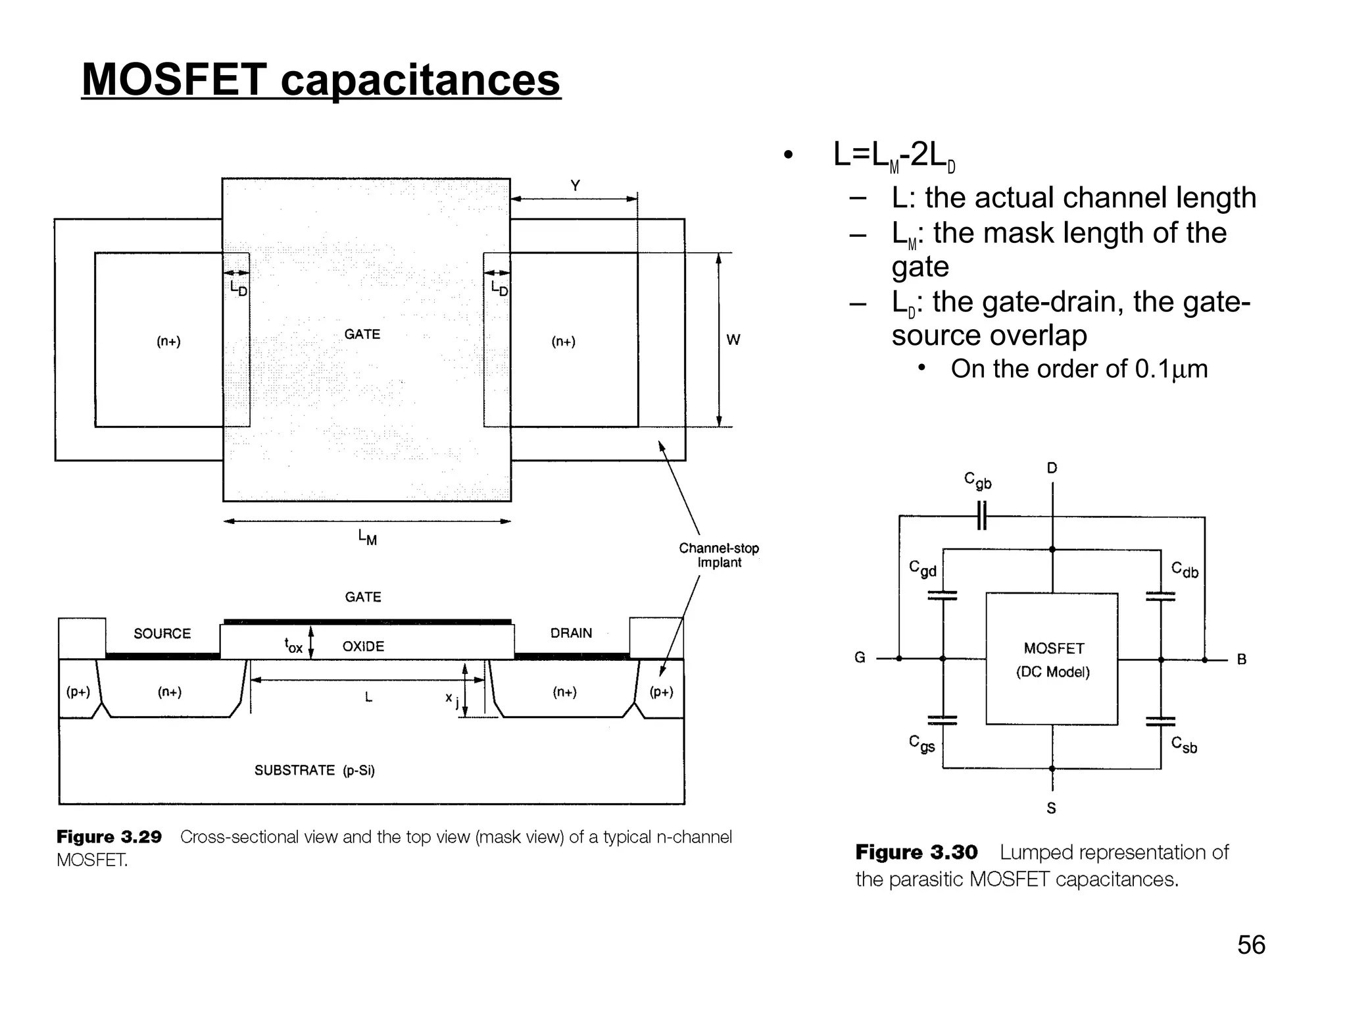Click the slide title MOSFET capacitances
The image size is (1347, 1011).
point(321,80)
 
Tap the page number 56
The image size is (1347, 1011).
point(1250,945)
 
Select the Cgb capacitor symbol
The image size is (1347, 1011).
point(981,515)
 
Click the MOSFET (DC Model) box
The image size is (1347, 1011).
point(1052,659)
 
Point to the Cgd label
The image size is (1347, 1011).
point(922,569)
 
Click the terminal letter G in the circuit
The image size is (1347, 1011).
point(860,658)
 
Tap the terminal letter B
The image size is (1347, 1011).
point(1241,659)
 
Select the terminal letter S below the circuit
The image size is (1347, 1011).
point(1051,808)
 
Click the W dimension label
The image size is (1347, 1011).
point(733,340)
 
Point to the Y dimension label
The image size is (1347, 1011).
point(575,186)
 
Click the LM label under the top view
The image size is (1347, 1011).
point(367,538)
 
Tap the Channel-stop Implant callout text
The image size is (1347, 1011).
point(719,555)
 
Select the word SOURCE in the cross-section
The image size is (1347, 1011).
point(162,633)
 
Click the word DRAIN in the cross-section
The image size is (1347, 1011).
point(571,633)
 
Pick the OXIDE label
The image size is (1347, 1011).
point(363,646)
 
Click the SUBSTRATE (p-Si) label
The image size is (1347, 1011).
point(314,770)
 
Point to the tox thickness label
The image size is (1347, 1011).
point(293,645)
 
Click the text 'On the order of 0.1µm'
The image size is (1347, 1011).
point(1079,369)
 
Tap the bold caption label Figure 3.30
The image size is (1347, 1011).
point(916,852)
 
